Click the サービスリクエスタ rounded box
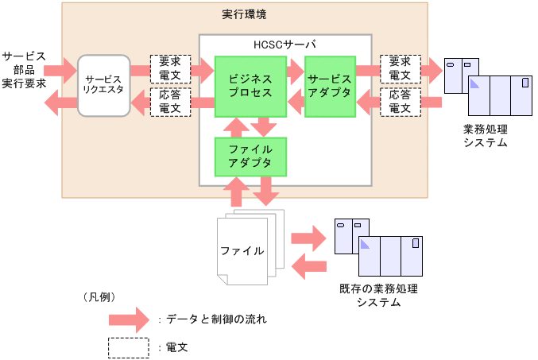[x=103, y=84]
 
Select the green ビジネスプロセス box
[x=250, y=86]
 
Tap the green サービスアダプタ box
[x=329, y=86]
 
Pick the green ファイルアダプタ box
[x=250, y=156]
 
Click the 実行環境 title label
[x=245, y=15]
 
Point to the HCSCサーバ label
[x=284, y=45]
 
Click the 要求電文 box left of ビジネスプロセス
[x=170, y=69]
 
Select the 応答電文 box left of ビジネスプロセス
[x=170, y=102]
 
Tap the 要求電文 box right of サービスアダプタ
[x=400, y=69]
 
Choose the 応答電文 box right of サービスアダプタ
[x=400, y=102]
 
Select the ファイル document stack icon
[x=248, y=249]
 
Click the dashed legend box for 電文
[x=128, y=347]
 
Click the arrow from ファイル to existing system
[x=309, y=237]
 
